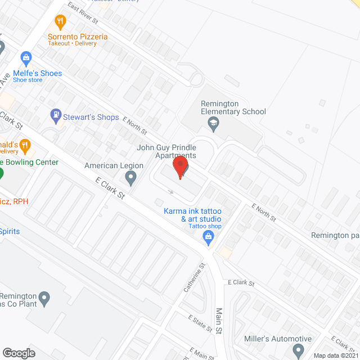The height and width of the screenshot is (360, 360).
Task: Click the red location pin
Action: [x=180, y=167]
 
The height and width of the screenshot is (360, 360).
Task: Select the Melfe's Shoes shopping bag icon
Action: [x=26, y=57]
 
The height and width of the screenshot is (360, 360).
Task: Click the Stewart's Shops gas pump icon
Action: [x=56, y=116]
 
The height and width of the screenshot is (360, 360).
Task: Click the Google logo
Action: [x=19, y=353]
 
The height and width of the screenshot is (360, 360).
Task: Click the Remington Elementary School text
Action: [x=233, y=107]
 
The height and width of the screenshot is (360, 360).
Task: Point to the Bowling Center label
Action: [x=31, y=163]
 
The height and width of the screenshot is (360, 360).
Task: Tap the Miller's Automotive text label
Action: [x=278, y=339]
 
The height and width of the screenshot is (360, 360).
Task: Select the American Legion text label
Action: [x=114, y=166]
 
